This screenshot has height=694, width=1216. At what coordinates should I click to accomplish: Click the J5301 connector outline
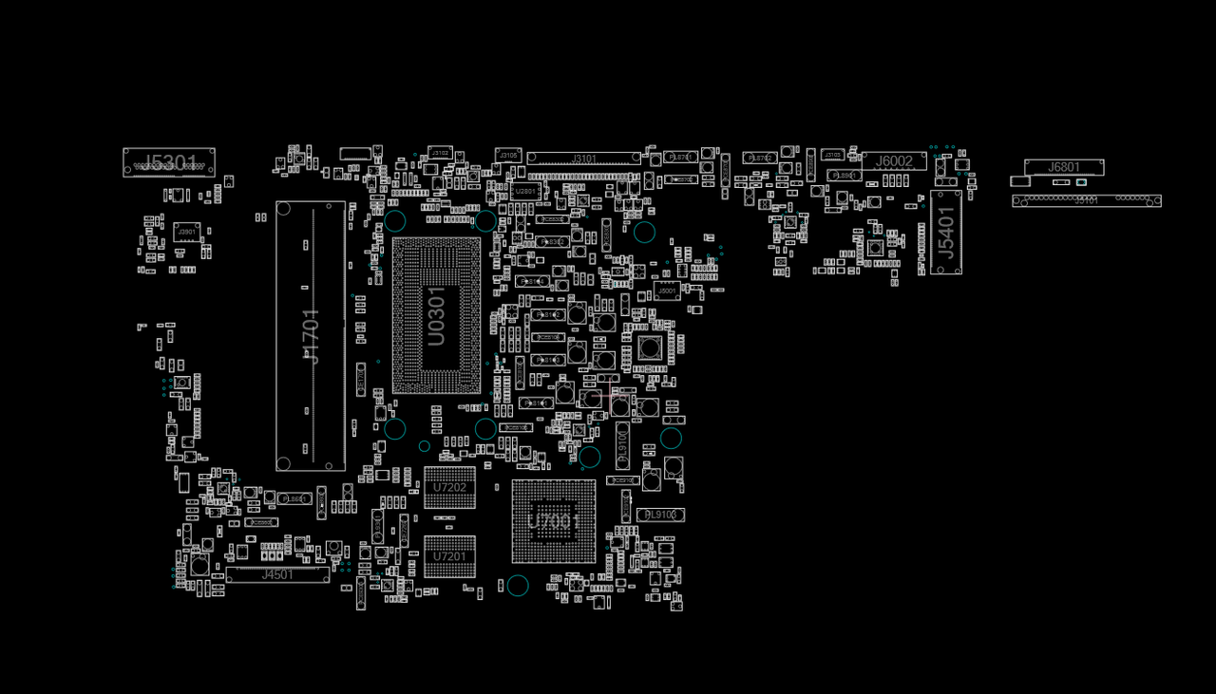tap(169, 162)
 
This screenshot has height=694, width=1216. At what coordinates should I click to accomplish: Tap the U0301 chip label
tap(436, 317)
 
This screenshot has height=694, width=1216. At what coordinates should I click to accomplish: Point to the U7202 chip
tap(449, 487)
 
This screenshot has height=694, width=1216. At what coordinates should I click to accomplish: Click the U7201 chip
tap(449, 556)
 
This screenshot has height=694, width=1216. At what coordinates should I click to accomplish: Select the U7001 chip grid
tap(554, 521)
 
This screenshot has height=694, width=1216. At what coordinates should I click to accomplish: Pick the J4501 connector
tap(277, 574)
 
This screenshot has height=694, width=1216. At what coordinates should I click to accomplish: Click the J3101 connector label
tap(584, 159)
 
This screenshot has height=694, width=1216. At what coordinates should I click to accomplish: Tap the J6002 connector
tap(894, 161)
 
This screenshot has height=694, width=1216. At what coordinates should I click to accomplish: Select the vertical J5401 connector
tap(946, 233)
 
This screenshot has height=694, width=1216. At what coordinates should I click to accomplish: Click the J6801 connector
tap(1064, 167)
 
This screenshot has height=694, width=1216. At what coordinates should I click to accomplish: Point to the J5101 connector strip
tap(1086, 200)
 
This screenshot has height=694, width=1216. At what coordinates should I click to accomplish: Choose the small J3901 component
tap(186, 232)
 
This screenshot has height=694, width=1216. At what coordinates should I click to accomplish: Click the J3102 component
tap(440, 153)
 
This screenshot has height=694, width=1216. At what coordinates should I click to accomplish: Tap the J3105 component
tap(508, 155)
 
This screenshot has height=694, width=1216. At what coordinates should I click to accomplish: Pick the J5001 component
tap(667, 291)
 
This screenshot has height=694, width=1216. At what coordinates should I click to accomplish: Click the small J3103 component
tap(832, 155)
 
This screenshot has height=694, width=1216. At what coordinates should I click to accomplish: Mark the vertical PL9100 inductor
tap(623, 444)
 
